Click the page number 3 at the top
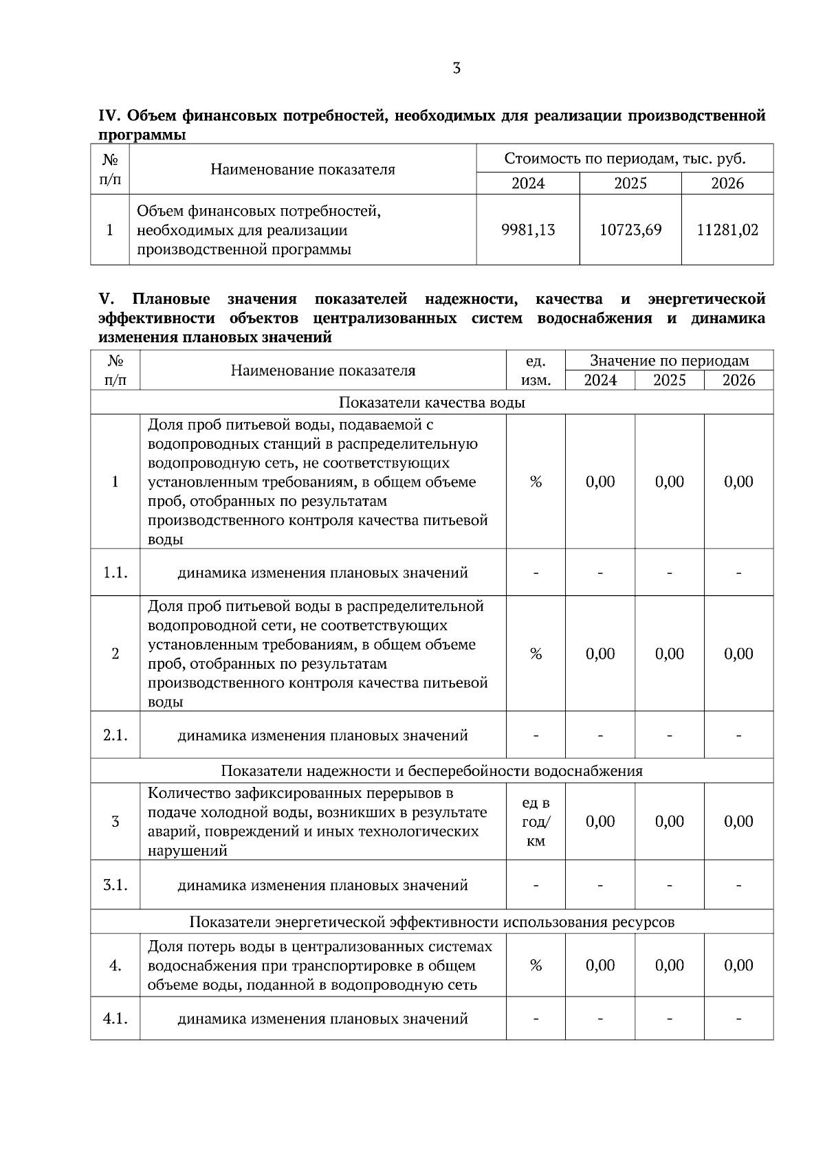point(456,69)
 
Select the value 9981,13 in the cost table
point(528,230)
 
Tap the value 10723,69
point(630,230)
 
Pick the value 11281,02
point(727,230)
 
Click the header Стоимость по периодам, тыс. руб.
point(625,159)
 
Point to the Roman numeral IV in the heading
point(109,115)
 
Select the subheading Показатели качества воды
point(432,403)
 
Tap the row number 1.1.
point(115,573)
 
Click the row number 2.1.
point(115,735)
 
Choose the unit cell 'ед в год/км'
point(536,822)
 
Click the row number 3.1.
point(115,885)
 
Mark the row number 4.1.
point(115,1019)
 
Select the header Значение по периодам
point(669,361)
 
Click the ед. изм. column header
point(536,370)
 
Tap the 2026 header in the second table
point(738,381)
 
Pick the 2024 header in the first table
point(528,184)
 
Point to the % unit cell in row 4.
point(536,966)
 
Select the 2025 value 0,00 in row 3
point(669,822)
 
